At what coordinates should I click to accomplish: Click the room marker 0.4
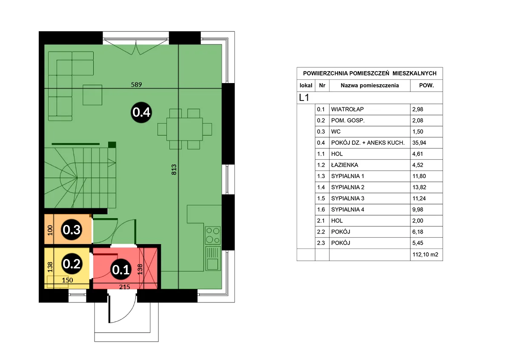(x=142, y=112)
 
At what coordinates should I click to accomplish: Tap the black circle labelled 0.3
(x=72, y=230)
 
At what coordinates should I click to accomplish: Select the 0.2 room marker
(x=72, y=264)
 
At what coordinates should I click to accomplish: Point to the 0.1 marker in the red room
(x=121, y=270)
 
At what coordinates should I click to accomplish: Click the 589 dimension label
(x=137, y=84)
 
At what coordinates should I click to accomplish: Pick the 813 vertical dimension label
(x=174, y=170)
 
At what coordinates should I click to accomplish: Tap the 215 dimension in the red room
(x=124, y=287)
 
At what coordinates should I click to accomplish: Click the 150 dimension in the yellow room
(x=67, y=280)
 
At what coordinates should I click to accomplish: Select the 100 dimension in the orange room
(x=50, y=230)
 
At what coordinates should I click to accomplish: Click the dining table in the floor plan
(x=185, y=129)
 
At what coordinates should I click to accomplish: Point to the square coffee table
(x=92, y=95)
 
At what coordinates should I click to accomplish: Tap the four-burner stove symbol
(x=213, y=235)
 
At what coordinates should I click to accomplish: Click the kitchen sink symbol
(x=213, y=258)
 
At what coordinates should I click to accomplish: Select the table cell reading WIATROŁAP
(x=347, y=109)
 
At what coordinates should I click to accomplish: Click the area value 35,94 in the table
(x=419, y=143)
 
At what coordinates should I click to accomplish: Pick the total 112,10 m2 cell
(x=425, y=254)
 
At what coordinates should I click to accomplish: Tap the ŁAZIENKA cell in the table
(x=345, y=165)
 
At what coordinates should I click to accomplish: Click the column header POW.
(x=427, y=86)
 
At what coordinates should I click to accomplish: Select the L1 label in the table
(x=304, y=98)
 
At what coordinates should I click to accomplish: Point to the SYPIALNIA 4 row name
(x=348, y=210)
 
